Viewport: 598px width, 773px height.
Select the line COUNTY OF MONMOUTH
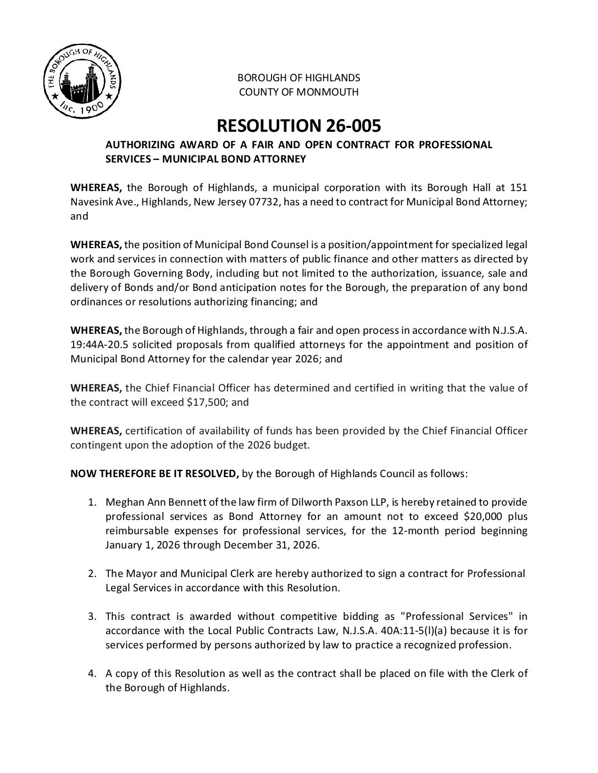(298, 92)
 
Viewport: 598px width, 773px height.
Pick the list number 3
(93, 617)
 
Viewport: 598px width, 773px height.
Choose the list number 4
(93, 674)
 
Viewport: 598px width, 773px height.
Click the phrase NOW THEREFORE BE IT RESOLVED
(154, 473)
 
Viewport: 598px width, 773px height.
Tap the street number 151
(519, 188)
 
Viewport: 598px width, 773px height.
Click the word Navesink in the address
(92, 202)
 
